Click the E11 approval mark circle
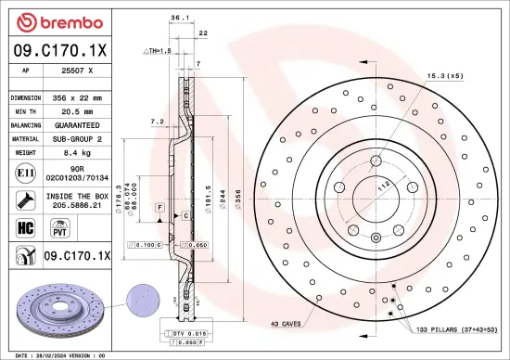click(21, 172)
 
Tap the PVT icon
click(55, 226)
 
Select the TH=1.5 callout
click(159, 51)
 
